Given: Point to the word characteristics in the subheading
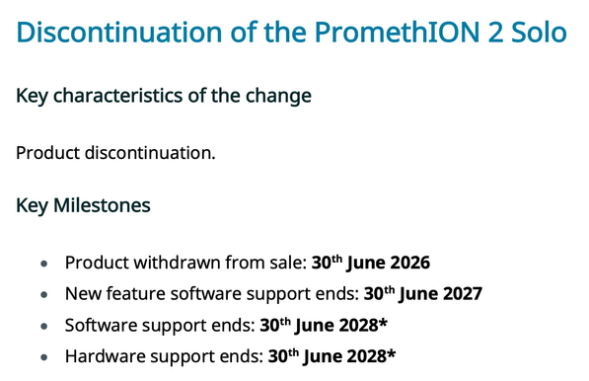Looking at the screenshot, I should [137, 97].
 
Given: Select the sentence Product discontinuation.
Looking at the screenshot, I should [115, 153].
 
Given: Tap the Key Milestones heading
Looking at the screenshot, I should [84, 207].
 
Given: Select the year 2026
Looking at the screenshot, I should [408, 264].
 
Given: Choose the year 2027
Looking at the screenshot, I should [460, 294].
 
